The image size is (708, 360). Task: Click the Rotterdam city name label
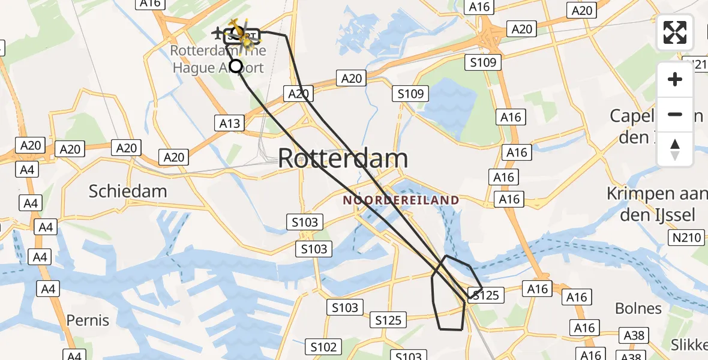[343, 159]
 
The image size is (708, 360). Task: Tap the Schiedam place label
[128, 191]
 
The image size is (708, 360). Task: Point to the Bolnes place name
[638, 308]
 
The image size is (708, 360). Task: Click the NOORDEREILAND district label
[401, 200]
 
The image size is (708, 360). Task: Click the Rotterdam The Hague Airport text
[218, 59]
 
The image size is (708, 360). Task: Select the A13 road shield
[229, 124]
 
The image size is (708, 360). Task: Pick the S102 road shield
[323, 346]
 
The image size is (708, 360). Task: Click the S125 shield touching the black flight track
[485, 295]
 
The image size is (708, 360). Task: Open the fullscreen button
[675, 32]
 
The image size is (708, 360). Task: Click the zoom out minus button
[675, 114]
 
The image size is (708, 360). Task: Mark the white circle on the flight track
[236, 66]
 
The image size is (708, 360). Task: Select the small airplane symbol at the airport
[217, 32]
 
